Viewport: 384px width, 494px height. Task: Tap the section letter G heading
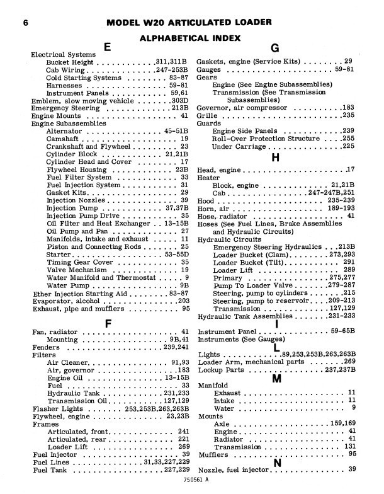point(274,47)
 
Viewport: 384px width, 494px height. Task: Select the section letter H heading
point(275,158)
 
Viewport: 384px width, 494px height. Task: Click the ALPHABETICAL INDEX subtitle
point(191,38)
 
